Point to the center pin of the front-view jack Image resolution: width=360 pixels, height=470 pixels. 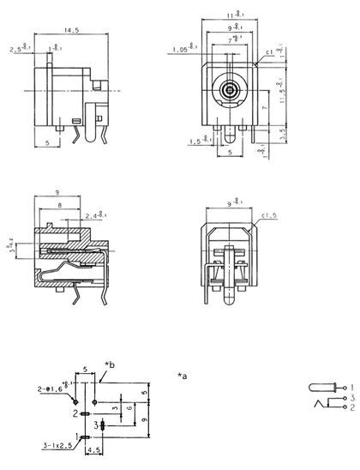pyautogui.click(x=229, y=89)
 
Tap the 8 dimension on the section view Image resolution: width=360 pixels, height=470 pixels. pyautogui.click(x=57, y=206)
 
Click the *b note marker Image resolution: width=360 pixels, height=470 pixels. pyautogui.click(x=109, y=365)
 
